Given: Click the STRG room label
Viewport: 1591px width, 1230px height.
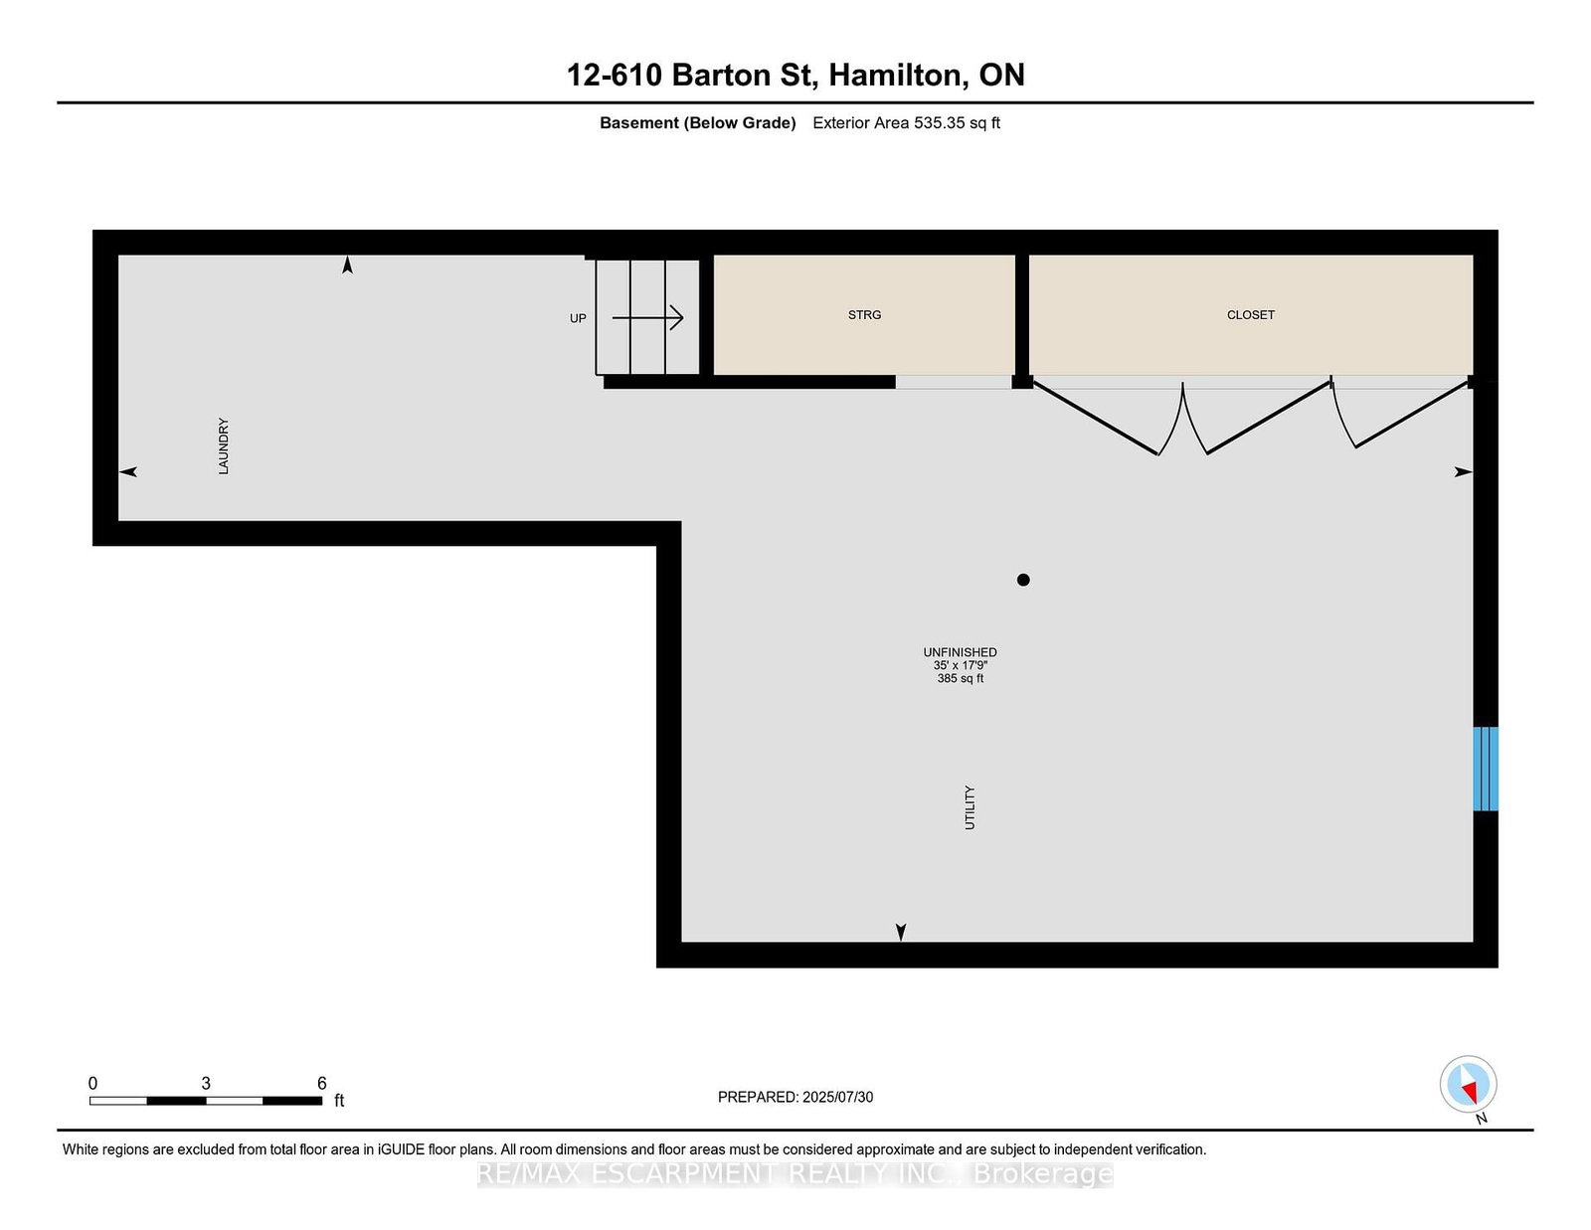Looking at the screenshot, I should (x=864, y=315).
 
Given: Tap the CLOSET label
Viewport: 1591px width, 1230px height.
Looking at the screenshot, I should (x=1250, y=315).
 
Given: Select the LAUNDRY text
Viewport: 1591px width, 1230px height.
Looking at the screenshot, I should (x=224, y=445).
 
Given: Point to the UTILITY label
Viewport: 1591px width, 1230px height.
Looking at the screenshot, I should (x=970, y=807).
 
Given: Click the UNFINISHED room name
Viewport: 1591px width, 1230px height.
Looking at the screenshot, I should (x=960, y=652).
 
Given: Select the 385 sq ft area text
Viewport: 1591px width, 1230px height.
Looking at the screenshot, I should (x=960, y=679).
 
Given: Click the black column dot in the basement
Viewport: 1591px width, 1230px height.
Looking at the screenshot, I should (x=1023, y=580).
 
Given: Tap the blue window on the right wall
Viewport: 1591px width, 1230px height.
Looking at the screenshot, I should (x=1485, y=769).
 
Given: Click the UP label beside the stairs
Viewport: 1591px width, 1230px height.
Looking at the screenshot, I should (x=578, y=318).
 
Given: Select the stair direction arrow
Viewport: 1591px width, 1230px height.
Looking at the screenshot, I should (x=648, y=318).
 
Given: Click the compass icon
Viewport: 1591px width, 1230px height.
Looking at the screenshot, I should (x=1468, y=1085).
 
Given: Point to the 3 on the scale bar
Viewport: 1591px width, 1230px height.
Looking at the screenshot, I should (x=206, y=1084).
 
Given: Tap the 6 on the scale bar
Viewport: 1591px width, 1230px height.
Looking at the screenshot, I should (x=321, y=1084).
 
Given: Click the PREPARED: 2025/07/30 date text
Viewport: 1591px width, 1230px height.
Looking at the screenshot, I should (x=795, y=1097).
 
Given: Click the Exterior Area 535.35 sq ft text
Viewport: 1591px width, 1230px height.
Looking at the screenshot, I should (x=906, y=123).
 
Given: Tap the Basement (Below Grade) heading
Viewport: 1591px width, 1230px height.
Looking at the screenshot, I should (x=697, y=123).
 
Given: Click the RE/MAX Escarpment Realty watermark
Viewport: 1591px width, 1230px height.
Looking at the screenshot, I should (x=795, y=1174).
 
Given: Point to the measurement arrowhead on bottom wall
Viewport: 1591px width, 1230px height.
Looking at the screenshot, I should (x=901, y=932).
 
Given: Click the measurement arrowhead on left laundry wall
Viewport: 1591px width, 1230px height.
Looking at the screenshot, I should (x=127, y=471).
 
